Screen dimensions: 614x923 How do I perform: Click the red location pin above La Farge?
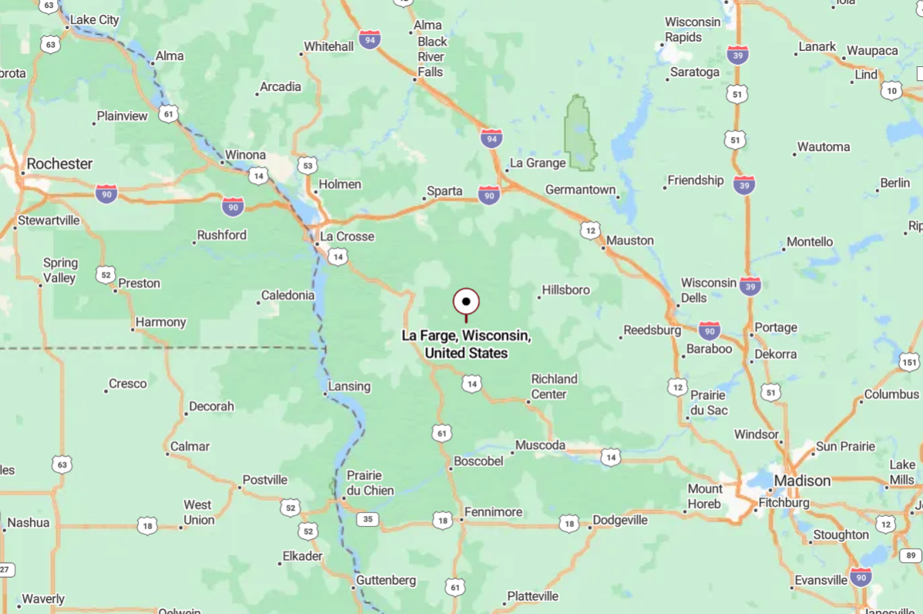466,302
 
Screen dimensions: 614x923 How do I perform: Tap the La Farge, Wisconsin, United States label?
466,344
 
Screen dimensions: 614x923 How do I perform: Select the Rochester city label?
59,163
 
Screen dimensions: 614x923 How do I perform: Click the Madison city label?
802,481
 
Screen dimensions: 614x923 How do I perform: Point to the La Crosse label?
347,236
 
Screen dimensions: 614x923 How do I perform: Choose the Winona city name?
245,155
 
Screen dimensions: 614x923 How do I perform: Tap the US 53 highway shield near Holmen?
307,165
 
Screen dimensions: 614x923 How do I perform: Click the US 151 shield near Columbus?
909,361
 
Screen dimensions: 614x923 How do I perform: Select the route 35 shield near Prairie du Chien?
368,519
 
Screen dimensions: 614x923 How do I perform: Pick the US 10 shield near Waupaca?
892,90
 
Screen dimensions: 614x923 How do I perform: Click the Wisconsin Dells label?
708,290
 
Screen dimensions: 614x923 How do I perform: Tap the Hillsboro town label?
566,290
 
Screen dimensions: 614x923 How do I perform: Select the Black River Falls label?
432,56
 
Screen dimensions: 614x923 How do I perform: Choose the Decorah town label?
210,406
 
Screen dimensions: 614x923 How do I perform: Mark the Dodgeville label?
621,520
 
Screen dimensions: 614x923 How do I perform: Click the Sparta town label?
445,191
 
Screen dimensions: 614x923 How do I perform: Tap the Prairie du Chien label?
370,483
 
